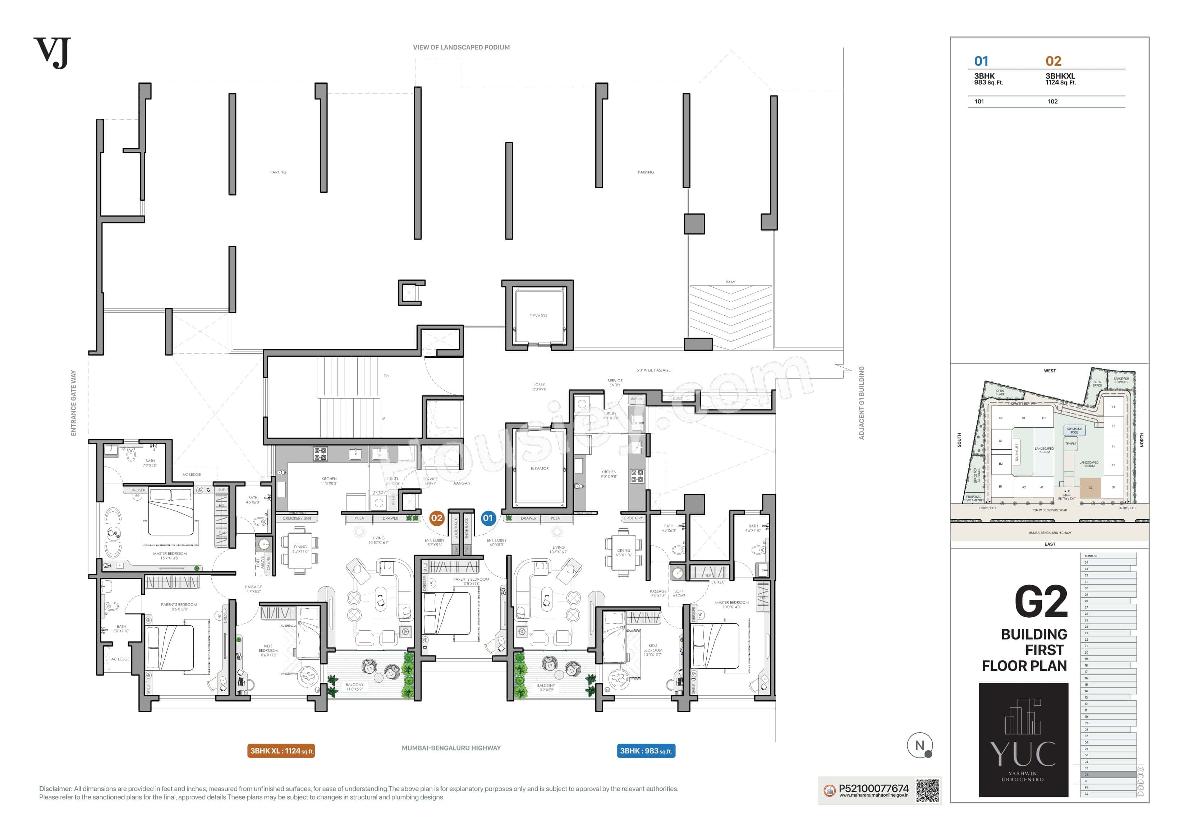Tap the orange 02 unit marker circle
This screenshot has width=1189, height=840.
(437, 518)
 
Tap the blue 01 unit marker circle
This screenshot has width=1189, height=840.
(488, 518)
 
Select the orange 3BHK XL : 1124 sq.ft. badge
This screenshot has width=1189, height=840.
(281, 751)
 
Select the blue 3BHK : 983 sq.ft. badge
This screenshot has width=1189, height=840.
(646, 751)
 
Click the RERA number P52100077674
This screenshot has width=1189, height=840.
(874, 788)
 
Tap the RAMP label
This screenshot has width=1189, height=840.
(731, 282)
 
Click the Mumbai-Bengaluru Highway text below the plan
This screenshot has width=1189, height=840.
(451, 748)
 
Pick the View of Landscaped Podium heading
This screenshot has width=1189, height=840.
(461, 47)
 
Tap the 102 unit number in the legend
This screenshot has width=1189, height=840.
(1052, 101)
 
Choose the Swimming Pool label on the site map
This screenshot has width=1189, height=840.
(1074, 431)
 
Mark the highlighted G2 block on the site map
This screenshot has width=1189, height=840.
(1090, 488)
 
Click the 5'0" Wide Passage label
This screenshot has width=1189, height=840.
(653, 370)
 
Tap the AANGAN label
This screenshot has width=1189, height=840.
(462, 483)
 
